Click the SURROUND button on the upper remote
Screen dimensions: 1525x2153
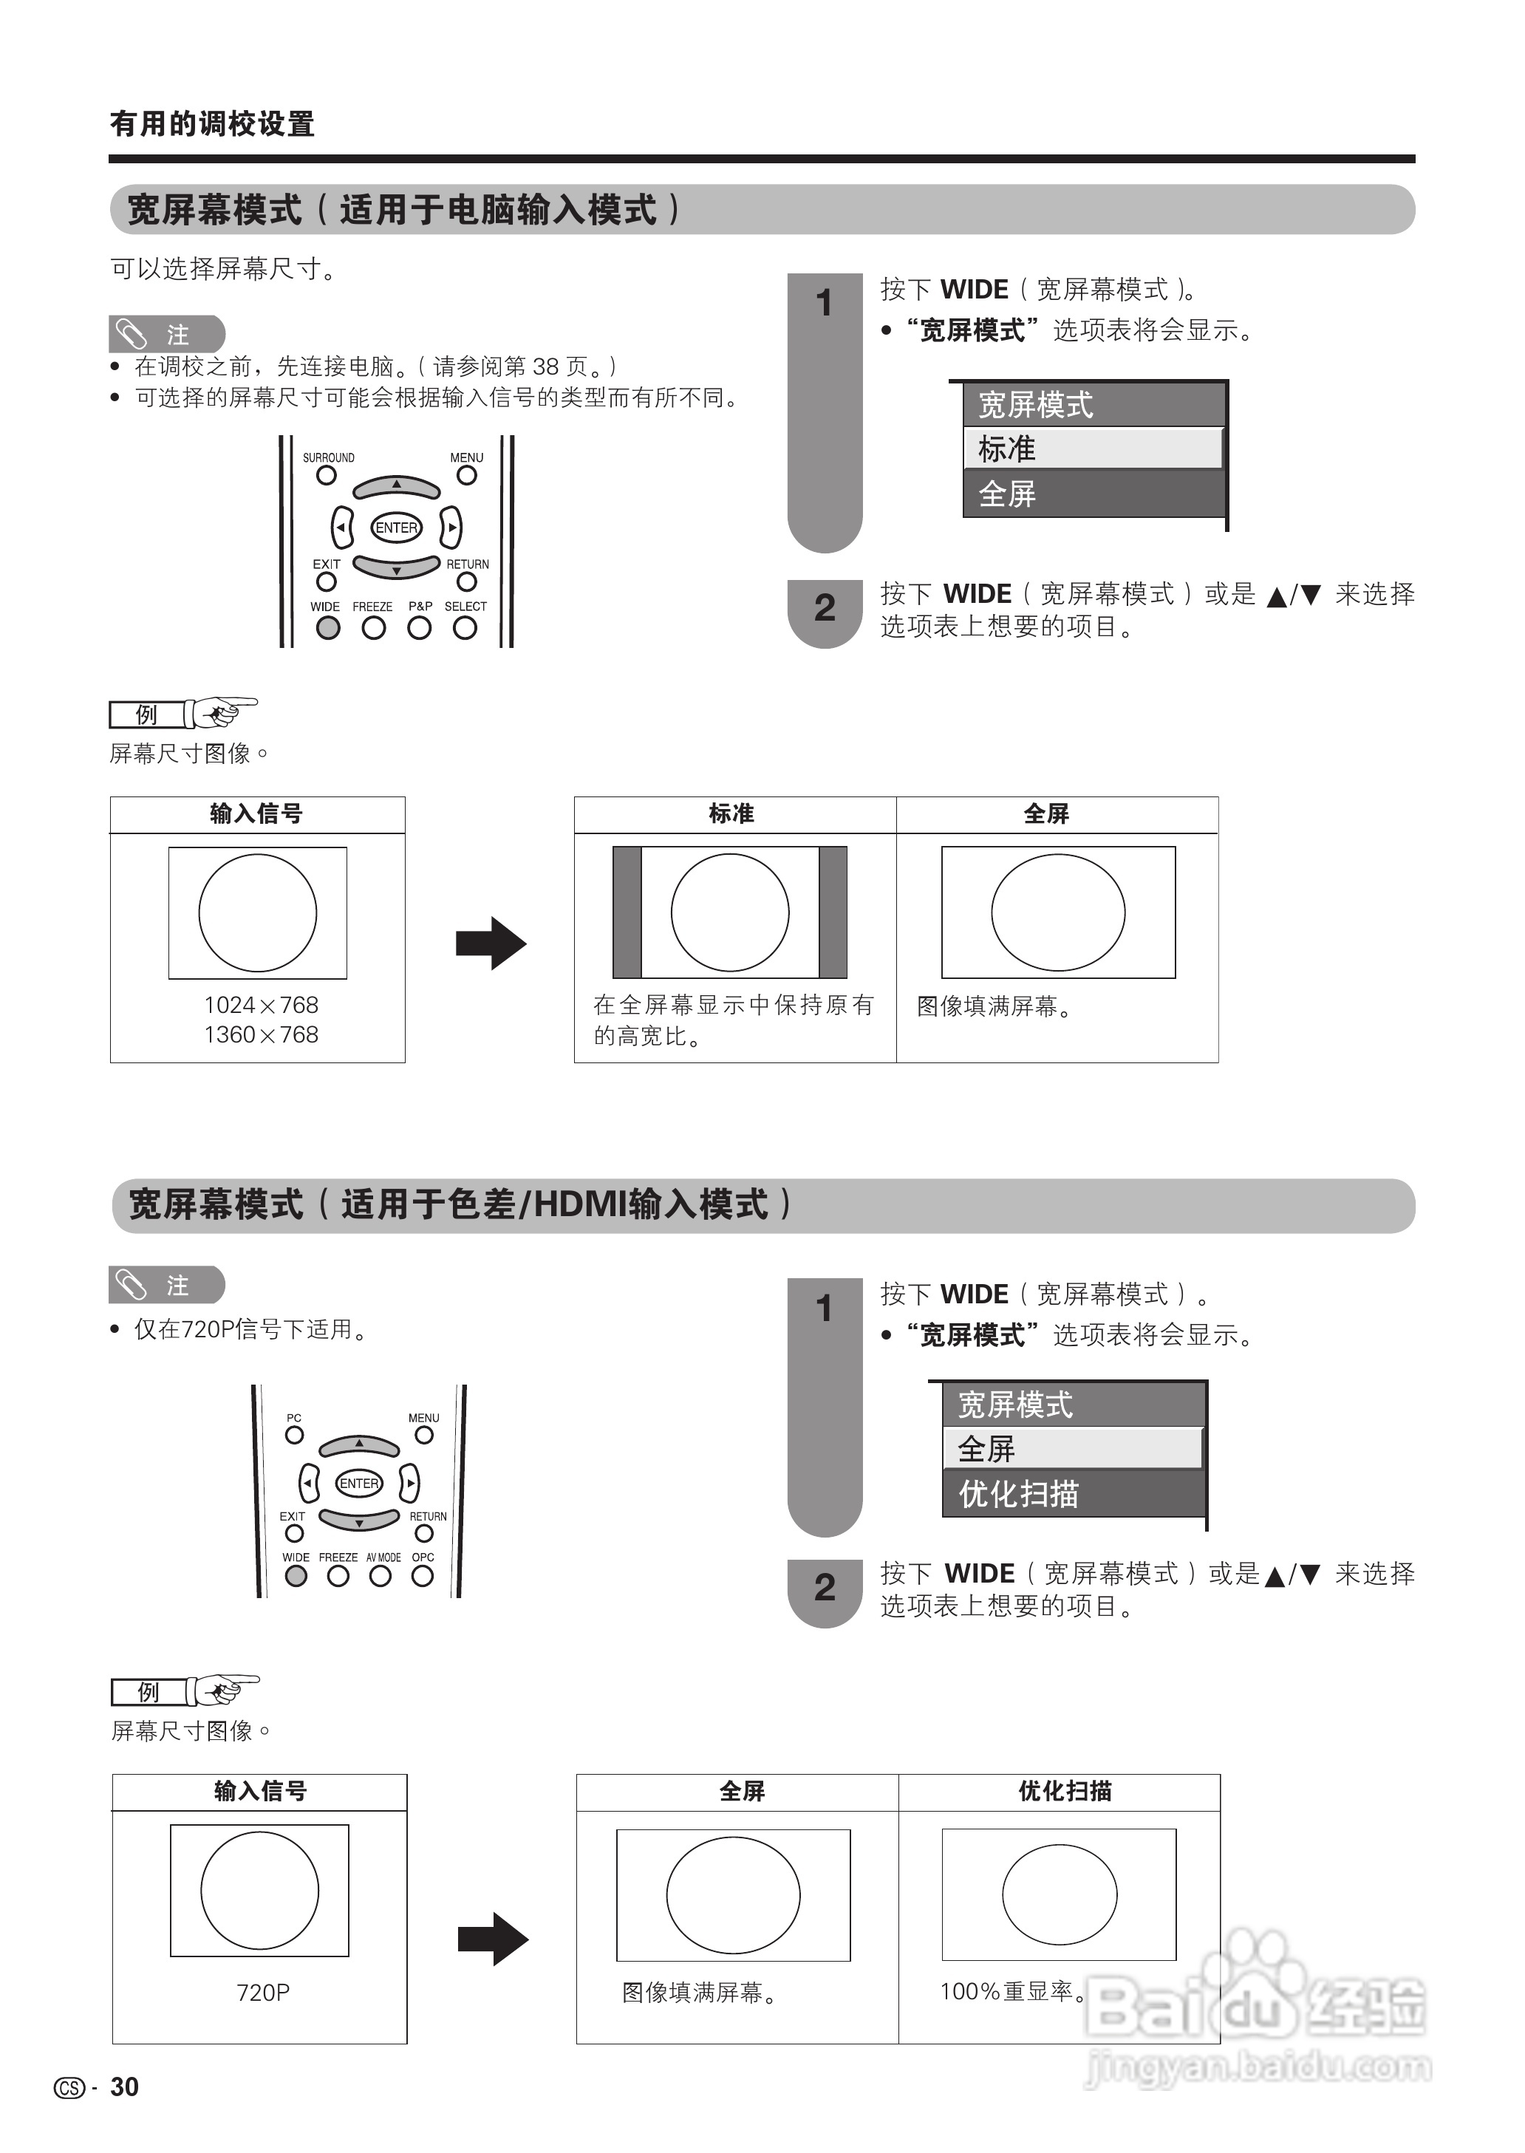(x=326, y=475)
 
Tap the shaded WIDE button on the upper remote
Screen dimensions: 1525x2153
(x=328, y=628)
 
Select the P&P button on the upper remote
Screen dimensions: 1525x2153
(x=420, y=628)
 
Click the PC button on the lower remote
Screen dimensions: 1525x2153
(x=294, y=1435)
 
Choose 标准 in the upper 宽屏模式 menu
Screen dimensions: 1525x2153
(x=1093, y=448)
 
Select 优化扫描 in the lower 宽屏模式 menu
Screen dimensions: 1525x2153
(x=1074, y=1494)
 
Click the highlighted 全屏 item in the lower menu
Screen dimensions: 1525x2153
(x=1074, y=1449)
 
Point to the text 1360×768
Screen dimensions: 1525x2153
(x=261, y=1034)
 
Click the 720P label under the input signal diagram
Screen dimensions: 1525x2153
(x=263, y=1993)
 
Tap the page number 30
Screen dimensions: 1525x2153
(x=124, y=2087)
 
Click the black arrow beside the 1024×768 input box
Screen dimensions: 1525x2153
(x=490, y=943)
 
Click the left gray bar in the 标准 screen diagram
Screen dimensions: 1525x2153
(x=627, y=912)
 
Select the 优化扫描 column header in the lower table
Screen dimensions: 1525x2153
(x=1065, y=1790)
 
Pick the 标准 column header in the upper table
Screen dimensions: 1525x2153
(x=731, y=813)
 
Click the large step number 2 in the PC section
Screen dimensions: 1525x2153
(x=825, y=607)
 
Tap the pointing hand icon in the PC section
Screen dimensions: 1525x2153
(x=221, y=713)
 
